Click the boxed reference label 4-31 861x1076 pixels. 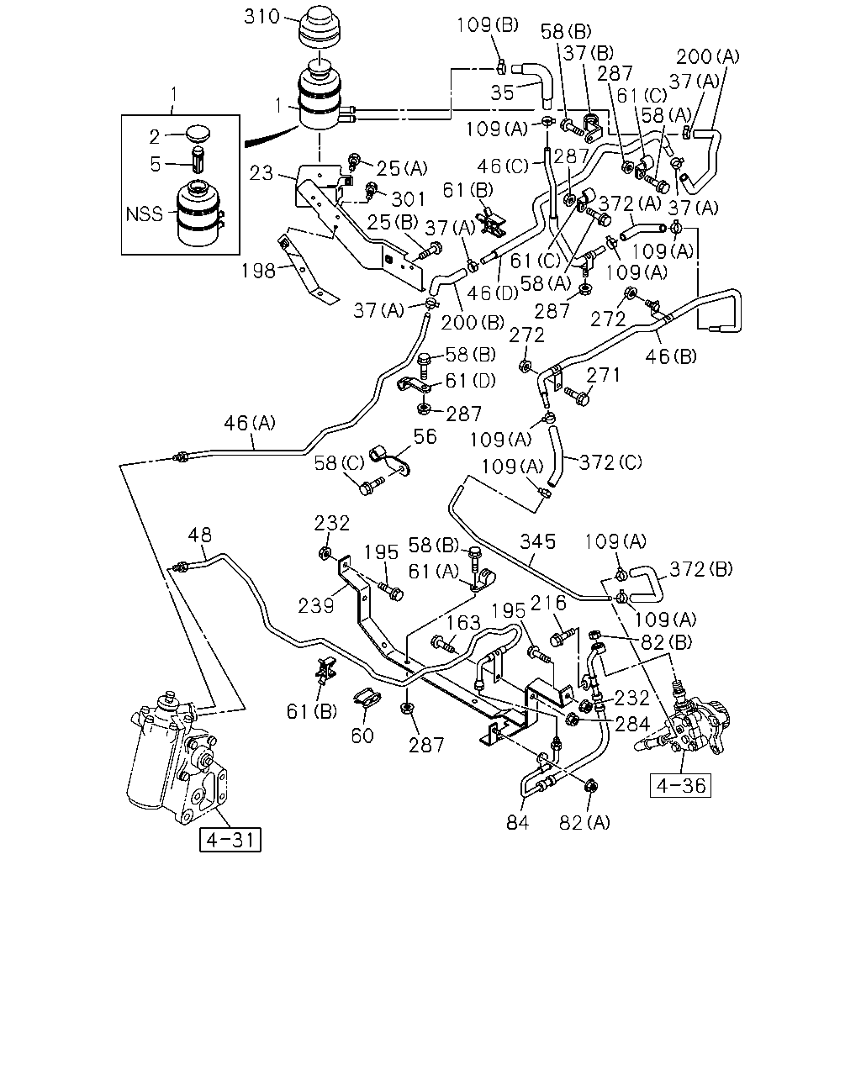click(230, 840)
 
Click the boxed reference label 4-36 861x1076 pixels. click(680, 785)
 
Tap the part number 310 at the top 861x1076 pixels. click(261, 17)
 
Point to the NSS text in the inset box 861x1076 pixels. click(144, 214)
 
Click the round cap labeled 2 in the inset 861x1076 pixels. click(198, 134)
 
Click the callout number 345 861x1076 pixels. click(538, 541)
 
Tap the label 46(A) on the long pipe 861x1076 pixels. click(250, 424)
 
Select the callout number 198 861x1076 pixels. click(258, 271)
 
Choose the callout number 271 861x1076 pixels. click(604, 375)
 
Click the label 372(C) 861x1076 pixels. click(610, 462)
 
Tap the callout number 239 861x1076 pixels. click(315, 606)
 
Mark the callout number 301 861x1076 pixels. click(409, 199)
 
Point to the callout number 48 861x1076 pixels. click(199, 535)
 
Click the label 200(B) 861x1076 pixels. click(473, 323)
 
